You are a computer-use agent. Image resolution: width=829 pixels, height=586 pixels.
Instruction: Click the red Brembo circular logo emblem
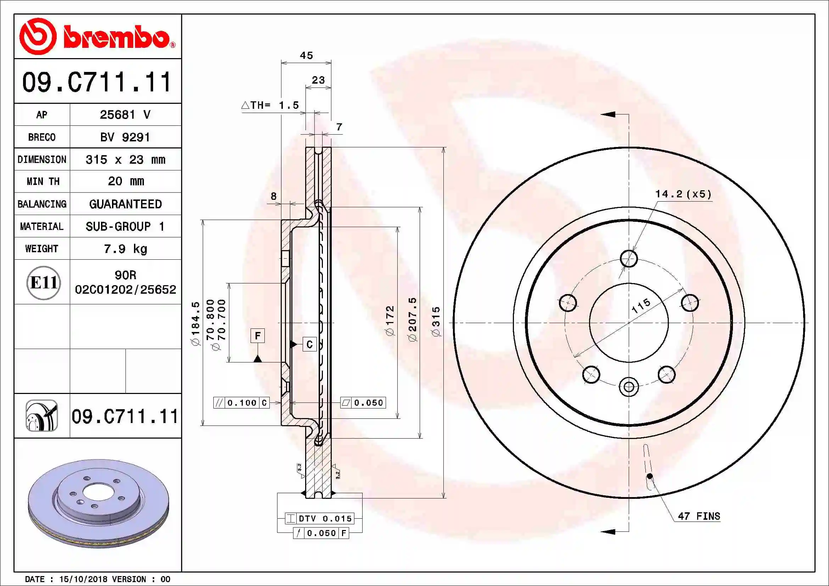[x=38, y=36]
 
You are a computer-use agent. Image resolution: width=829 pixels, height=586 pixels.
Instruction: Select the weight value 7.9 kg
[x=125, y=249]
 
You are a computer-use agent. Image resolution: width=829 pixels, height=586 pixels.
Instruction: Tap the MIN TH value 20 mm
[x=126, y=181]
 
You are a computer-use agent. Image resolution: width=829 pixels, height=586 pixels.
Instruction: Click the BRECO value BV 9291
[x=125, y=137]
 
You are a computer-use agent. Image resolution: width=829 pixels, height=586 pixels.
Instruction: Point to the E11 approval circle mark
[x=43, y=282]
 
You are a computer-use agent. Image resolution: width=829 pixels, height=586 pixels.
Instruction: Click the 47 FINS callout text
[x=699, y=516]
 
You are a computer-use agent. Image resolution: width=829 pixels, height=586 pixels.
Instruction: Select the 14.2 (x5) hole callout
[x=683, y=194]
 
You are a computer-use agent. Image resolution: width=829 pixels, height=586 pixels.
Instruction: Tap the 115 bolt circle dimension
[x=641, y=306]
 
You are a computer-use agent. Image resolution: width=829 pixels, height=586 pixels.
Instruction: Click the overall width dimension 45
[x=306, y=56]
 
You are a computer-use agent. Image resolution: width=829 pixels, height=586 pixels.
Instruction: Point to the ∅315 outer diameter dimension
[x=436, y=321]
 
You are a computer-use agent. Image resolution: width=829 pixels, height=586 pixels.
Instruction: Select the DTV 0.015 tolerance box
[x=319, y=519]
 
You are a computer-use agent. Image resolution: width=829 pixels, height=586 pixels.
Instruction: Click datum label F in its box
[x=257, y=336]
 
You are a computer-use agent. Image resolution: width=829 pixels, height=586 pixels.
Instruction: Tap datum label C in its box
[x=309, y=344]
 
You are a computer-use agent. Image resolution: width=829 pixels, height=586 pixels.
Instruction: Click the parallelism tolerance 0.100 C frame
[x=241, y=403]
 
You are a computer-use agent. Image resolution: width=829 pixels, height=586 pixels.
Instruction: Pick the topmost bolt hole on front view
[x=629, y=258]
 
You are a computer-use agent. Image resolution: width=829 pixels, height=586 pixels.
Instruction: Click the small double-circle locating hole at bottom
[x=629, y=387]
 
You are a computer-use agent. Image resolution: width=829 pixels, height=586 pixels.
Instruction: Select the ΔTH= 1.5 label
[x=270, y=105]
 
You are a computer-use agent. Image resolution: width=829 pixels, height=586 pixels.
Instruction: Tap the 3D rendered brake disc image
[x=98, y=503]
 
